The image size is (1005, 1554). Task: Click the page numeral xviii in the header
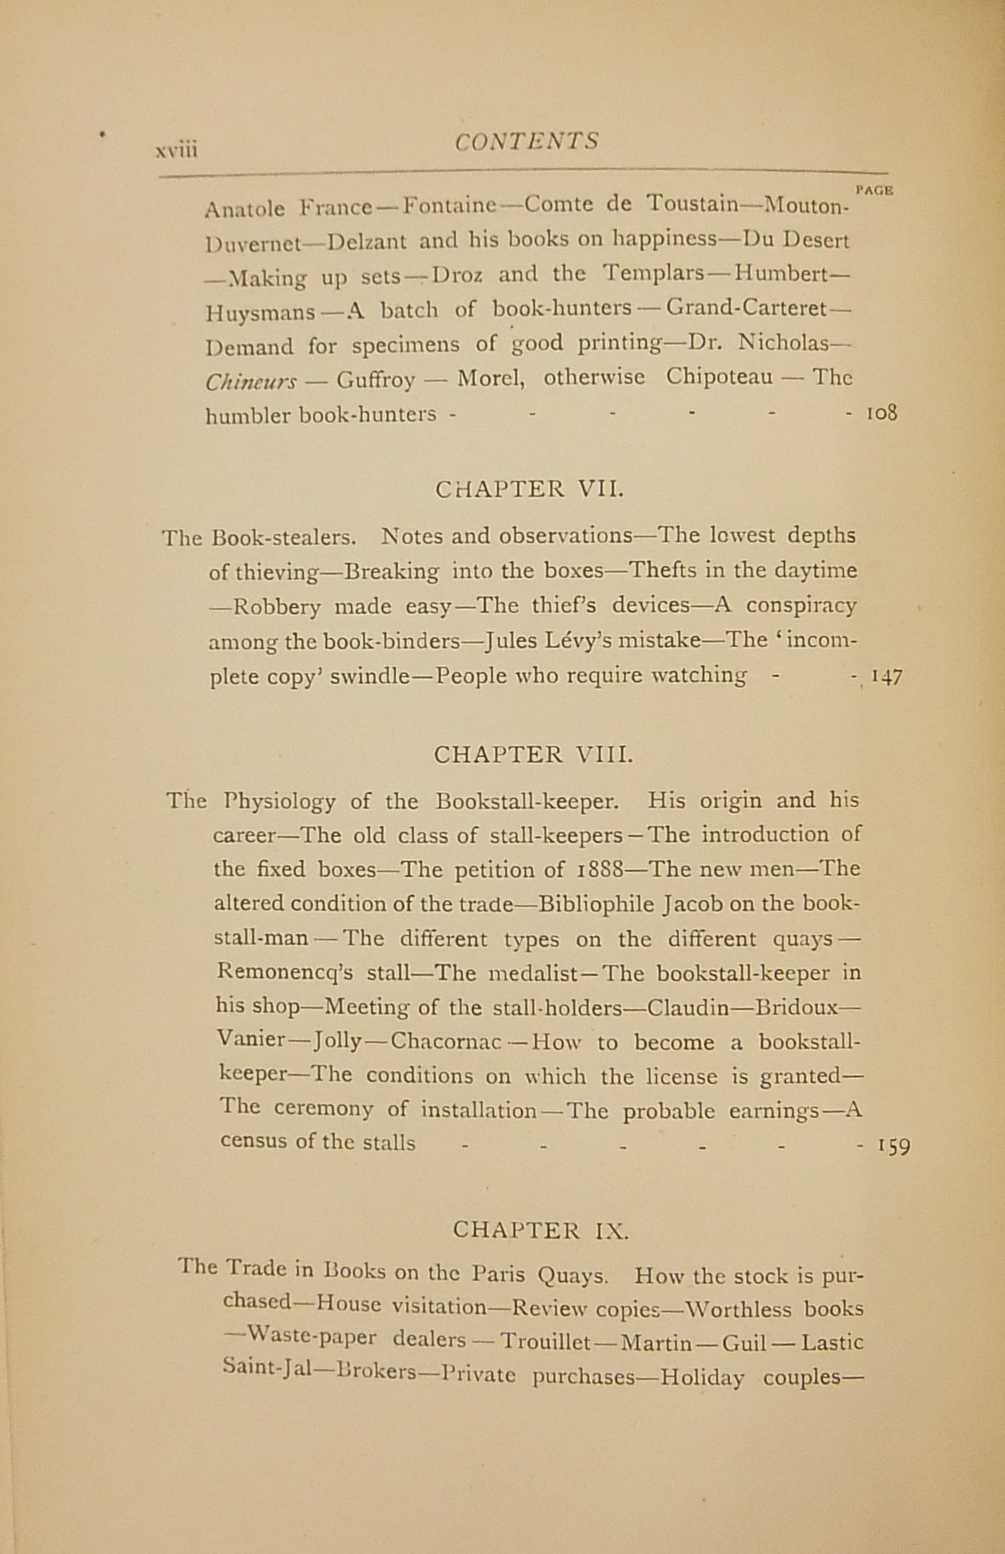point(177,149)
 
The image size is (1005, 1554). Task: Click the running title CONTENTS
point(526,141)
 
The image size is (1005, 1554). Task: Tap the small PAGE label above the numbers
point(875,189)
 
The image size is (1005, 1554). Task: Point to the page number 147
point(886,677)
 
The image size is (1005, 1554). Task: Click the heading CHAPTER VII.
point(529,489)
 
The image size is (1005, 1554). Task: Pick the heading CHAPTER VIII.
point(534,754)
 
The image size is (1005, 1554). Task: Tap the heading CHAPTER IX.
point(541,1229)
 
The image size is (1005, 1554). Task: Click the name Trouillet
point(545,1342)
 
